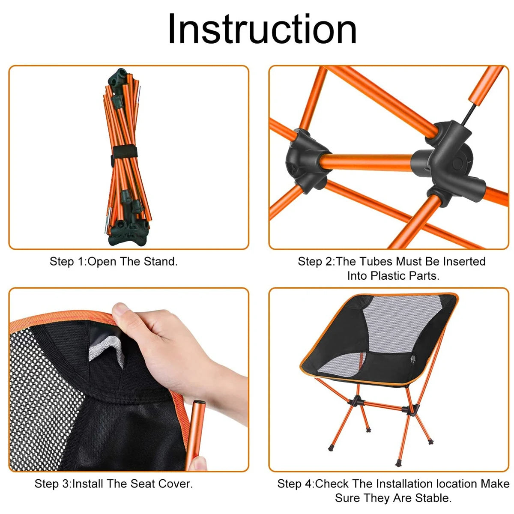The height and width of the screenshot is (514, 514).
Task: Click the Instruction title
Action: tap(262, 29)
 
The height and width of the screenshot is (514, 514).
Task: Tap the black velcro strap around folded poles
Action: tap(125, 152)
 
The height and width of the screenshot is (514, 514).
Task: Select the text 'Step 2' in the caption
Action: tap(316, 261)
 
